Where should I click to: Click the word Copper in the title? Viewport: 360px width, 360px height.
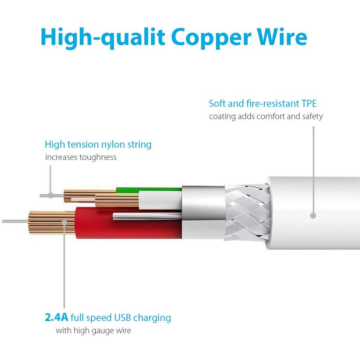[x=211, y=38]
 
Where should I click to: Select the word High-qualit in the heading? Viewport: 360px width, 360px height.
[x=103, y=38]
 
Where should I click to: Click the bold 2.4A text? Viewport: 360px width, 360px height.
[x=56, y=317]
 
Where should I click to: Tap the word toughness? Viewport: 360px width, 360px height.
[x=98, y=157]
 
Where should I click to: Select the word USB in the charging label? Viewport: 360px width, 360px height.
[x=122, y=318]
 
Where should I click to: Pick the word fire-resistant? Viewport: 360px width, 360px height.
[x=273, y=104]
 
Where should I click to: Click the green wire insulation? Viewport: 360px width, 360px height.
[x=149, y=190]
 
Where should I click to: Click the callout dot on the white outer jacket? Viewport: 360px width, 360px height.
[x=313, y=216]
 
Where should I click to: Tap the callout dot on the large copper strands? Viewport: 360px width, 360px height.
[x=65, y=222]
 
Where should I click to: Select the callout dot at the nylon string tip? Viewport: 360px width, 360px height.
[x=50, y=196]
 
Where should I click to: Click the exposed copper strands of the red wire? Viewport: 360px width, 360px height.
[x=52, y=222]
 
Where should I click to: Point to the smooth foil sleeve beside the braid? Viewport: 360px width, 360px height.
[x=203, y=212]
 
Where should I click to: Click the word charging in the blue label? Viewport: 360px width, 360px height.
[x=152, y=318]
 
